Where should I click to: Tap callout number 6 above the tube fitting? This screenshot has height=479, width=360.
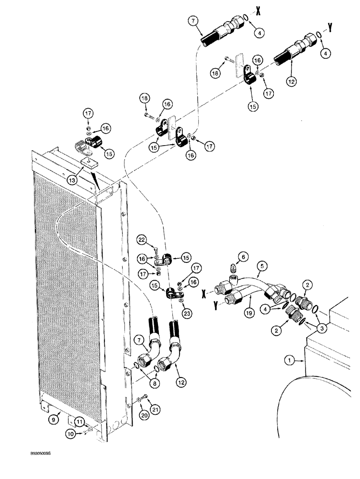point(244,257)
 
